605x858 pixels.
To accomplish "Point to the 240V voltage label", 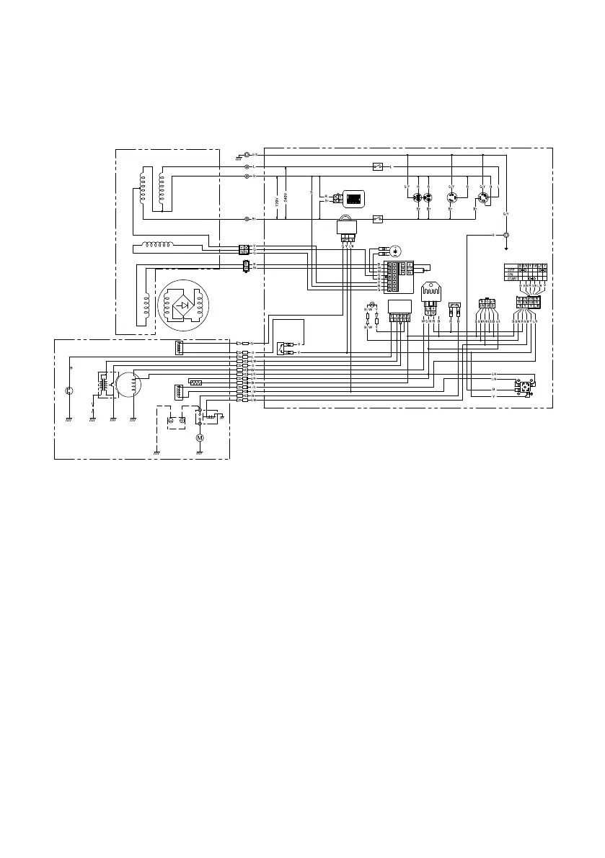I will (286, 197).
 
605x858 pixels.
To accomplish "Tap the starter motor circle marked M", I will (200, 437).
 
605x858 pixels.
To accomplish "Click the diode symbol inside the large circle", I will (185, 305).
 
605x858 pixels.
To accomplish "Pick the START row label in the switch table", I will (513, 278).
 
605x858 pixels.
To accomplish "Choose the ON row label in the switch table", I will (510, 274).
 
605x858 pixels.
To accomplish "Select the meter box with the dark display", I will (353, 198).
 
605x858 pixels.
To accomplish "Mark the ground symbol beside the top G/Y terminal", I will (239, 156).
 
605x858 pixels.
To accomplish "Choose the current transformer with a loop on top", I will (346, 226).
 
